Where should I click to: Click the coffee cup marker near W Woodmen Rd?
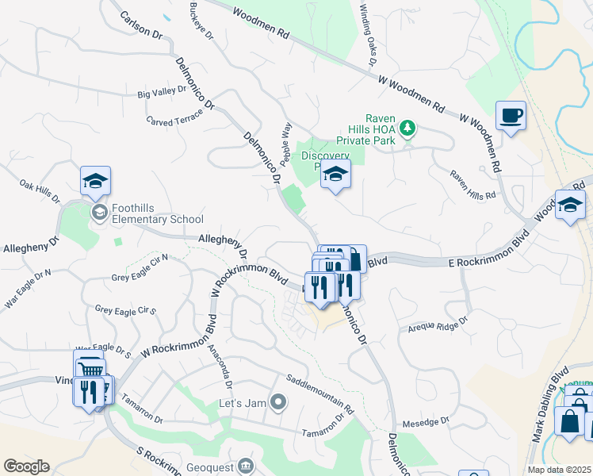(511, 117)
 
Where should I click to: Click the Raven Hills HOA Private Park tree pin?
(407, 128)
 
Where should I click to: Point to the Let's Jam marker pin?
(278, 402)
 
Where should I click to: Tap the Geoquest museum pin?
(246, 464)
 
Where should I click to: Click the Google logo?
(26, 466)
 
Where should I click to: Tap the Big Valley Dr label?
(162, 93)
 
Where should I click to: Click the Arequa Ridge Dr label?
(438, 325)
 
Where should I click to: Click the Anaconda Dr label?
(220, 364)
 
